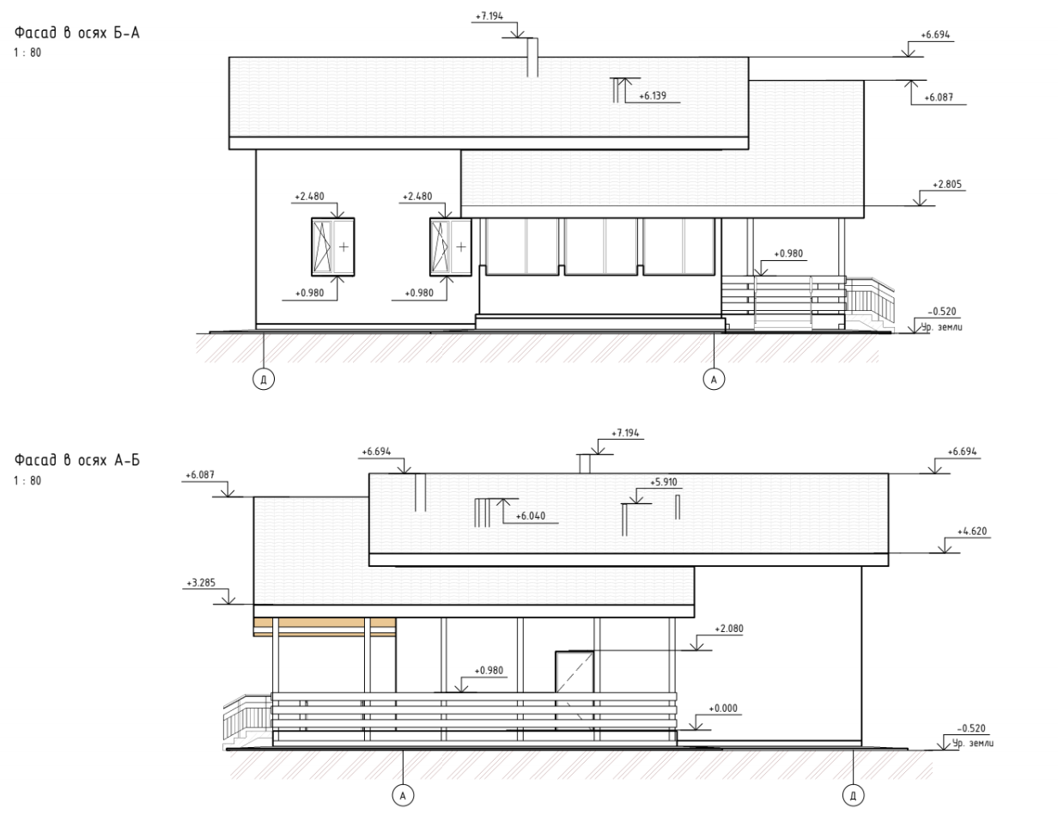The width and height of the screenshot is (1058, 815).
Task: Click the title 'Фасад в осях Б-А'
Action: pyautogui.click(x=77, y=33)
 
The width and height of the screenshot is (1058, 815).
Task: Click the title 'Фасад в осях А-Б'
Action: pyautogui.click(x=77, y=459)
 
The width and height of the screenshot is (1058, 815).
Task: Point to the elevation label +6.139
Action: pyautogui.click(x=653, y=96)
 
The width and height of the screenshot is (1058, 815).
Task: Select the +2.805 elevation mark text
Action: pyautogui.click(x=947, y=185)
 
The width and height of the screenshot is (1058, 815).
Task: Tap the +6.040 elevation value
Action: pyautogui.click(x=531, y=516)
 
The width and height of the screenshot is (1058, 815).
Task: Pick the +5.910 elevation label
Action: pyautogui.click(x=664, y=482)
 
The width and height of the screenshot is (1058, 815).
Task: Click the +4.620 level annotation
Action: pyautogui.click(x=972, y=531)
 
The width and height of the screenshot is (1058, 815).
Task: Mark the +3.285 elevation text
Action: pyautogui.click(x=201, y=583)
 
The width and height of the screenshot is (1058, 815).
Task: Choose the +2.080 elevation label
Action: pyautogui.click(x=729, y=629)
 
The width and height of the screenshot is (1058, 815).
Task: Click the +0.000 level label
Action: pyautogui.click(x=723, y=709)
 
